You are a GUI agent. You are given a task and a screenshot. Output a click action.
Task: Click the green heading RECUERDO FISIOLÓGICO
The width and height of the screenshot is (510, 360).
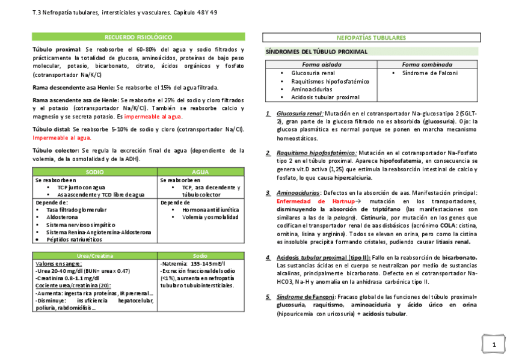click(x=138, y=37)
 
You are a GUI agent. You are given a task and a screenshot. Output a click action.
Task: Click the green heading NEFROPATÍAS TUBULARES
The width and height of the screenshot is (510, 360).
click(x=371, y=37)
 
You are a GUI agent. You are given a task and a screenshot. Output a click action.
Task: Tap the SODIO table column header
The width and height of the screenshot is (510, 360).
click(x=95, y=172)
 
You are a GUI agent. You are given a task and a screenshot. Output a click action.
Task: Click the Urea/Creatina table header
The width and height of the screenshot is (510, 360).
click(x=95, y=256)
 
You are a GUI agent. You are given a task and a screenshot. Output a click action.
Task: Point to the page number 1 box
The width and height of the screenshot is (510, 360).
click(x=493, y=344)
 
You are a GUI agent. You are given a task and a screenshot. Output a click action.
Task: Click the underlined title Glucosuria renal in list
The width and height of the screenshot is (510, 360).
click(x=300, y=113)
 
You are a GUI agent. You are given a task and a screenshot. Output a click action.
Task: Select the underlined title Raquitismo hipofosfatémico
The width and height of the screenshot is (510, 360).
click(x=317, y=153)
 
